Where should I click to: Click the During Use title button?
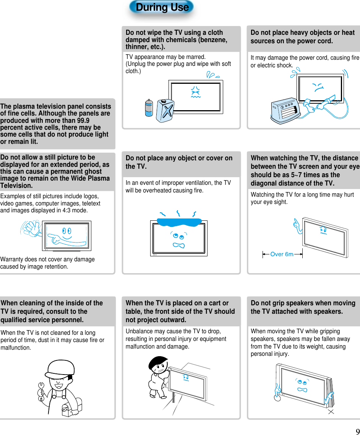(162, 7)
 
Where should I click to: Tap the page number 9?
(357, 430)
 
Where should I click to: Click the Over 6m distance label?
(282, 254)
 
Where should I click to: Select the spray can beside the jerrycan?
(149, 108)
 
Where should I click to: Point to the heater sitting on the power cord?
(287, 111)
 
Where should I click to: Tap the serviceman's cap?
(60, 368)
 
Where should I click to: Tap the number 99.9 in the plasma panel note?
(81, 121)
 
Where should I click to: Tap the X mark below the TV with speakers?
(331, 412)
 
